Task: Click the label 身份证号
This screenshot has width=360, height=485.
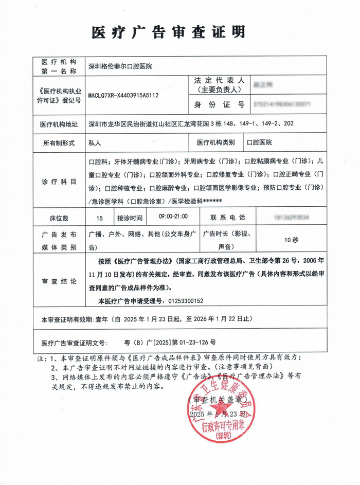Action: point(219,104)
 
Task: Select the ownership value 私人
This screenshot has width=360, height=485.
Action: point(95,142)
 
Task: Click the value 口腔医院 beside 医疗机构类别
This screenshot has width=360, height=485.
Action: point(260,142)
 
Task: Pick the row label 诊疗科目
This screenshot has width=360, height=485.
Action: point(59,182)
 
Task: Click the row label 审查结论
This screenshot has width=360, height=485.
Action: point(59,282)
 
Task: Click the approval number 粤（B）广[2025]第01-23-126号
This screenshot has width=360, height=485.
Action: point(170,342)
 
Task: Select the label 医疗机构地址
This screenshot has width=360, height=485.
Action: point(59,124)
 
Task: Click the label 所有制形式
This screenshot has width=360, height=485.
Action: point(59,142)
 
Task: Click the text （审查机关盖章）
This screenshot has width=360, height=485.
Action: point(217,399)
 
